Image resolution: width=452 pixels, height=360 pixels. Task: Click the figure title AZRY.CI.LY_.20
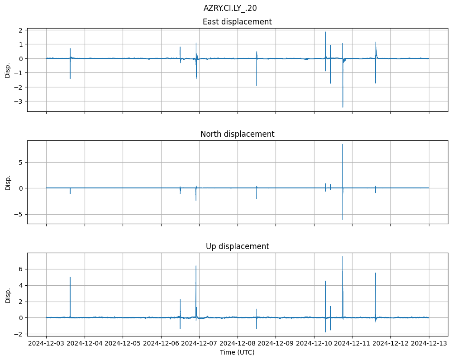[x=230, y=8]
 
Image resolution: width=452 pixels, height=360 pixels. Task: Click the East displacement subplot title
[x=237, y=22]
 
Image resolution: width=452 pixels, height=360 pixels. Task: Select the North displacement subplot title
[x=237, y=134]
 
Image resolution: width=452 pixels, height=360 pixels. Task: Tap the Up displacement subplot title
[x=237, y=246]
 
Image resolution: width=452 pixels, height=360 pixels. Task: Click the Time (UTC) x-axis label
[x=237, y=352]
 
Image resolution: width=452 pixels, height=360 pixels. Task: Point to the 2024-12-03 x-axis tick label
[x=46, y=344]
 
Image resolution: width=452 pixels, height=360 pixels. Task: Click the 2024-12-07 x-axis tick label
[x=199, y=344]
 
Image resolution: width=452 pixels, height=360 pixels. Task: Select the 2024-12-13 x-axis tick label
[x=429, y=344]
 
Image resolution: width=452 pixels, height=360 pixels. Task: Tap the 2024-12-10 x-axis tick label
[x=314, y=344]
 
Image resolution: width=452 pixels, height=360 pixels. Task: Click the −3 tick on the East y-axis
[x=20, y=101]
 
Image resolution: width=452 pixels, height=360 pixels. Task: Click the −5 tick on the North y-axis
[x=20, y=214]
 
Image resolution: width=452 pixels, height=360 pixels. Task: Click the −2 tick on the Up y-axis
[x=20, y=334]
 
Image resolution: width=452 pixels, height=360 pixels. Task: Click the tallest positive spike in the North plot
[x=343, y=144]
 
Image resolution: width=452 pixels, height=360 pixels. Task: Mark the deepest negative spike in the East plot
[x=343, y=107]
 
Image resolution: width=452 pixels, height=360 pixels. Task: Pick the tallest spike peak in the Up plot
[x=343, y=257]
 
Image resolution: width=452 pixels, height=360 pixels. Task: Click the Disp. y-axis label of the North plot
[x=8, y=182]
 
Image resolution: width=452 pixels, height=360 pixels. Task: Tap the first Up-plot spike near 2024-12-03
[x=70, y=278]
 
